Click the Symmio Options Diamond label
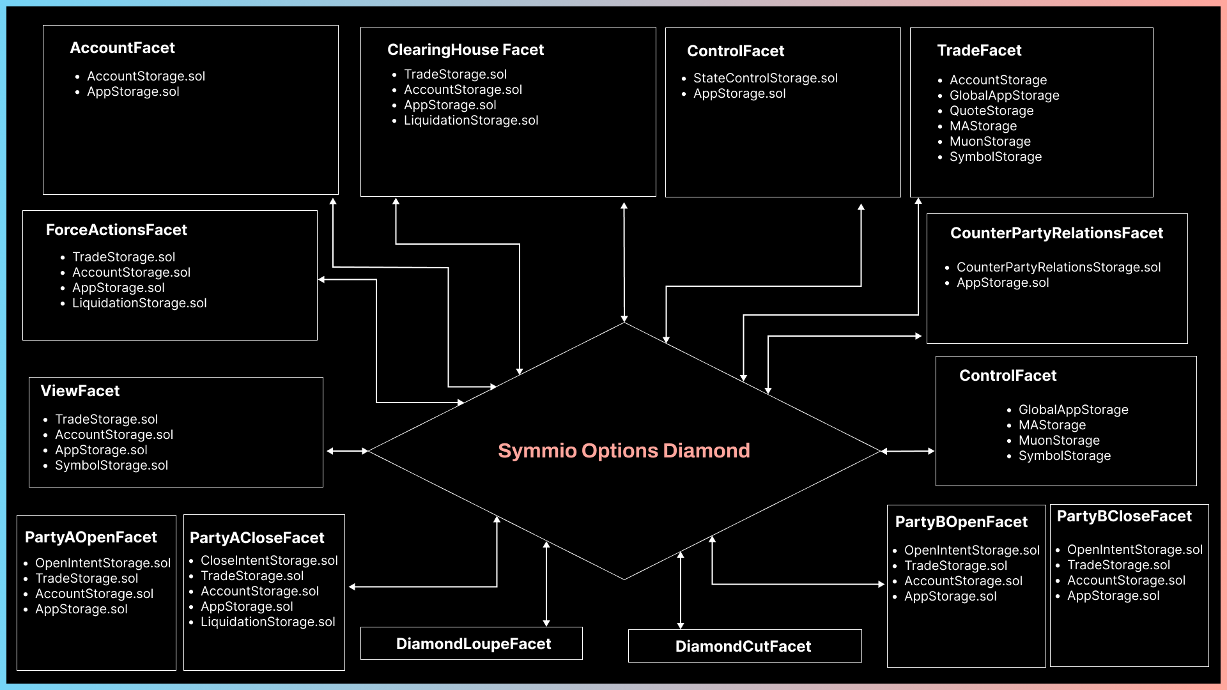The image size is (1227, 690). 624,450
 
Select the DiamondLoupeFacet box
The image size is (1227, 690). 473,643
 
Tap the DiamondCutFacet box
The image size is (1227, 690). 743,646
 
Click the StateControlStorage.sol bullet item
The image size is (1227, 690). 765,78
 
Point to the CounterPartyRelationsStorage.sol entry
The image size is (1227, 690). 1058,267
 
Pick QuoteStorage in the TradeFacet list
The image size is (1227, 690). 991,111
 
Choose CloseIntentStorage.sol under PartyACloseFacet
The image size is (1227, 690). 269,560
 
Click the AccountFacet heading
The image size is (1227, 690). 122,48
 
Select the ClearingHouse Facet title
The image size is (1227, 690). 465,50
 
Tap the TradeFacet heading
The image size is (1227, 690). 979,50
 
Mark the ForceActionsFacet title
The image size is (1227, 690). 116,230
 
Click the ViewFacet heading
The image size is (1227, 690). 80,391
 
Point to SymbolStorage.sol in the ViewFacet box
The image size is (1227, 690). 111,465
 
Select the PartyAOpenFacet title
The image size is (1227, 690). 91,537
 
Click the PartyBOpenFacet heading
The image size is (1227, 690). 961,522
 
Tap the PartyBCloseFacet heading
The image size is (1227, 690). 1124,516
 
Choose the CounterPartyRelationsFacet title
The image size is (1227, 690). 1056,233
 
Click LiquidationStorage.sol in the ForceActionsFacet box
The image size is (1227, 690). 139,303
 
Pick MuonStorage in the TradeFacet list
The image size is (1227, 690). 990,141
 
